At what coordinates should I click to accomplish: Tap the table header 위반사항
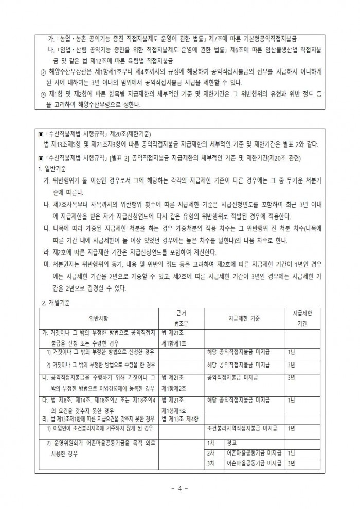point(99,318)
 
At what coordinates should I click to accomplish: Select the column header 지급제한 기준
point(244,318)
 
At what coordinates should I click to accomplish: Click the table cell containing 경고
point(231,443)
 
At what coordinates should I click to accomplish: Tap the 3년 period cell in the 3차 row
point(292,463)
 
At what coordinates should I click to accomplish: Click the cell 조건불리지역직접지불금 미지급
point(243,428)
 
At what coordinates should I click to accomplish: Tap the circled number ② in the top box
point(43,72)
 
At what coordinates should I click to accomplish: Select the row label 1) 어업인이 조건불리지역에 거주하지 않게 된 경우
point(100,428)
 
